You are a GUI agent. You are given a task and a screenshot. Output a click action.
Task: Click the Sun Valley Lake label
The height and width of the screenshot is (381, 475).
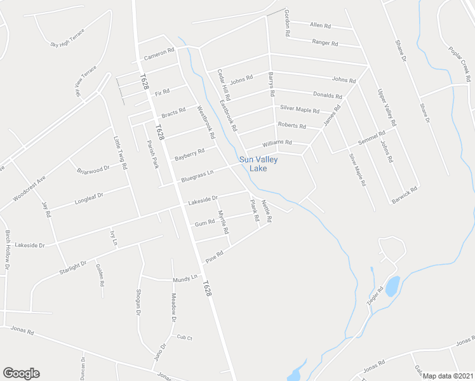(x=258, y=164)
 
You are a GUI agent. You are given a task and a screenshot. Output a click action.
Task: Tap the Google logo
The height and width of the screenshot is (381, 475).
(x=21, y=373)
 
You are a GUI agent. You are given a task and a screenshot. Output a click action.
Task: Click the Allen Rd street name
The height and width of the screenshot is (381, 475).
(x=320, y=25)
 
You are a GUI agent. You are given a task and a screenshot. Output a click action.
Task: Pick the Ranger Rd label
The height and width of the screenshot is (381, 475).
(x=325, y=43)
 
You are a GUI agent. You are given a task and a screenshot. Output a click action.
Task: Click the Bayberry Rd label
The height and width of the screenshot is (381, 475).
(x=190, y=154)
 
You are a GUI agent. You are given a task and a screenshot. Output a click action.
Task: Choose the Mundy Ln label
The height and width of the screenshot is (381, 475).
(x=185, y=279)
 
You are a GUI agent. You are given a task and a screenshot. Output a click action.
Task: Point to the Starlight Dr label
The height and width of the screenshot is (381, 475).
(x=73, y=267)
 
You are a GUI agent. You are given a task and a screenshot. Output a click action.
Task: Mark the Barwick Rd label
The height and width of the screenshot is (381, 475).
(x=405, y=194)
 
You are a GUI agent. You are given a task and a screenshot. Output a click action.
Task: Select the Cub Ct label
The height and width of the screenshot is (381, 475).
(x=184, y=337)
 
